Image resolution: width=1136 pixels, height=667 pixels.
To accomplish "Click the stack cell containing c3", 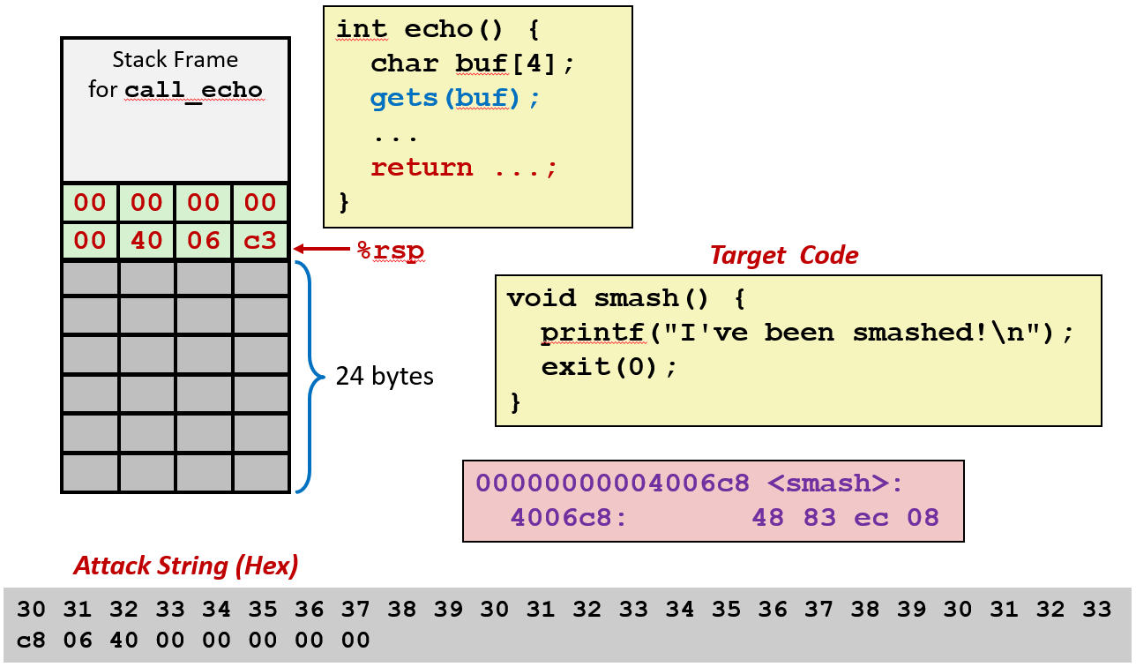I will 260,241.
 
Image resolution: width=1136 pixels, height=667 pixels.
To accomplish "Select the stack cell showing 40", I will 146,241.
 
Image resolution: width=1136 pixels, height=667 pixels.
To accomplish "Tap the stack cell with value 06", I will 204,241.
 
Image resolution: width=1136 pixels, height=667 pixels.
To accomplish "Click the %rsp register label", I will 390,251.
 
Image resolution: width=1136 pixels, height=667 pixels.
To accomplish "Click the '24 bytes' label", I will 385,377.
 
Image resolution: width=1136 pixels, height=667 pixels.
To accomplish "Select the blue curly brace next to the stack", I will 309,377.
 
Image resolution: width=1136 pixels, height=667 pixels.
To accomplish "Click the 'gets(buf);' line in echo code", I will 454,98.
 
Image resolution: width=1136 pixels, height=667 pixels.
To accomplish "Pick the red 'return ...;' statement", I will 464,168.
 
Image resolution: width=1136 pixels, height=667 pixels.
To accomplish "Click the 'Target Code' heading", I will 784,256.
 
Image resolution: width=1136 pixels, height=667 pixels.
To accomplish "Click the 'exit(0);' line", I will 609,367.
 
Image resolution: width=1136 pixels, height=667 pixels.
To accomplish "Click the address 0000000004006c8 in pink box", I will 612,483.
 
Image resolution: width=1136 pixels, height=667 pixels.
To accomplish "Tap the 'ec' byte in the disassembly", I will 871,518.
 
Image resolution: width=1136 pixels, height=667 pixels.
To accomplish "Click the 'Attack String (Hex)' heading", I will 185,566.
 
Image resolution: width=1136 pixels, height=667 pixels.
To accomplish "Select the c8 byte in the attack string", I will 31,639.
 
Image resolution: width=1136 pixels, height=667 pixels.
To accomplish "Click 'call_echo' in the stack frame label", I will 193,90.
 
